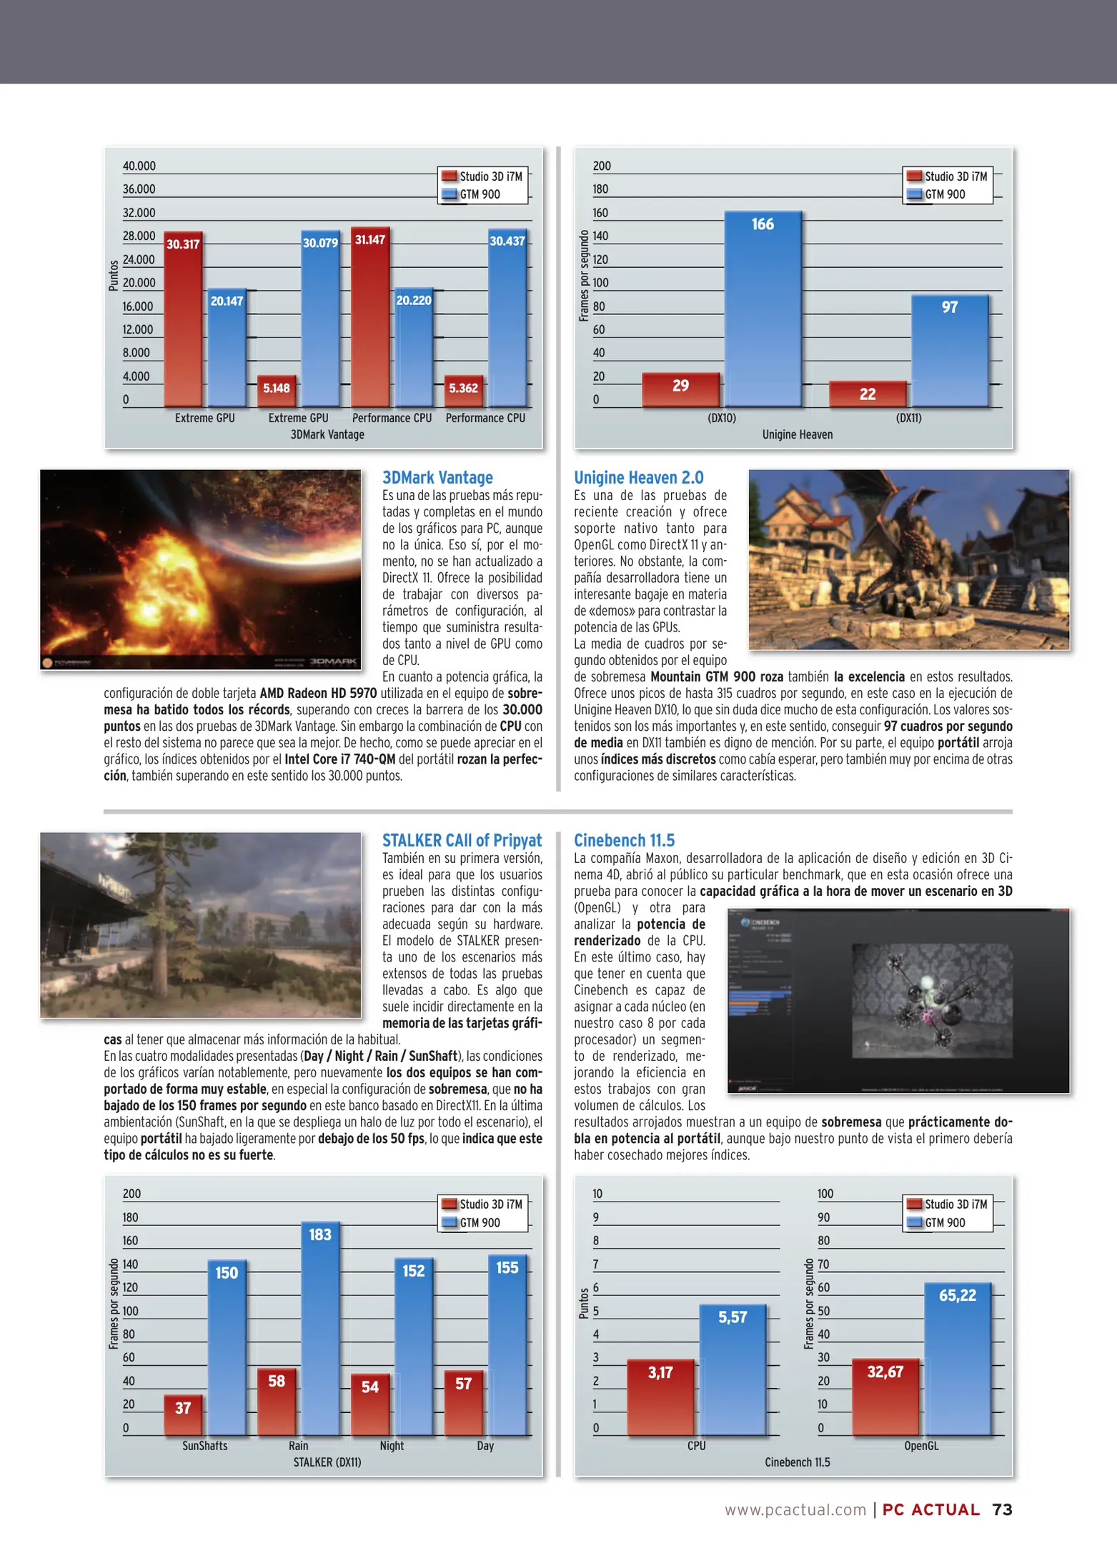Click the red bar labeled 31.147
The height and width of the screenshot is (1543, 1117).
(x=370, y=318)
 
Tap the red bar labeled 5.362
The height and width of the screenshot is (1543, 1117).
(x=463, y=391)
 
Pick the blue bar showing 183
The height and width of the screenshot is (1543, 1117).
(x=320, y=1329)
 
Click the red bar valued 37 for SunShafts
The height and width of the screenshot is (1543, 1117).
(x=183, y=1414)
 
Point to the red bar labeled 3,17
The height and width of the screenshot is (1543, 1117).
(x=660, y=1397)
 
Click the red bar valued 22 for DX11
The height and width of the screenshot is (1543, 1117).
(x=868, y=394)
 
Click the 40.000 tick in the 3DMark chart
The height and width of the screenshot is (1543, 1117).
(x=139, y=166)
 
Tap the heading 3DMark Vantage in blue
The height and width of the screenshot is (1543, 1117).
(x=437, y=477)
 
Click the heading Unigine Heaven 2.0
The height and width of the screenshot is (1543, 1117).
(x=638, y=477)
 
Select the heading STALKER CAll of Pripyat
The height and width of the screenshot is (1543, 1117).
(x=462, y=840)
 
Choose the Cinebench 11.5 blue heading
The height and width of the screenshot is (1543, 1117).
(x=624, y=840)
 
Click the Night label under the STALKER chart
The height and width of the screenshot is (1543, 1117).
(x=392, y=1446)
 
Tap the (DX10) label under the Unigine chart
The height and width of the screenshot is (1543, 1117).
(x=721, y=418)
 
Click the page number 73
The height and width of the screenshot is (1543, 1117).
(x=1002, y=1509)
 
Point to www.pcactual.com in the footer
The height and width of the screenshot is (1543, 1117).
(x=795, y=1509)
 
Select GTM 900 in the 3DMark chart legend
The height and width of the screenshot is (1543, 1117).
(x=480, y=194)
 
